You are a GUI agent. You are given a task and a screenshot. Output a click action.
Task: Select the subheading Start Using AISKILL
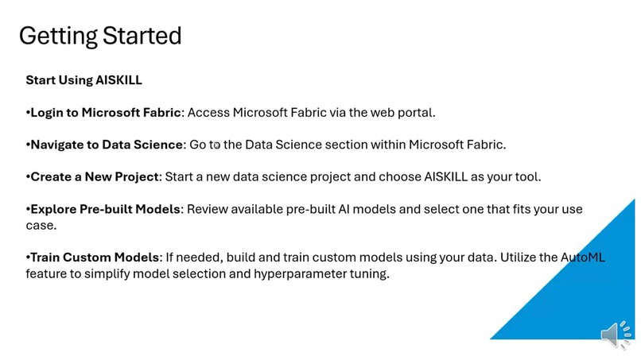pos(84,80)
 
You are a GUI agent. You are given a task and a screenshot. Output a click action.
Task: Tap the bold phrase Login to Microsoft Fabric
pos(106,112)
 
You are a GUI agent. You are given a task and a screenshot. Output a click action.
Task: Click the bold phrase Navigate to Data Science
pos(106,145)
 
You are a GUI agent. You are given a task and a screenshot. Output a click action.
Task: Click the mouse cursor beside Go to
pos(216,145)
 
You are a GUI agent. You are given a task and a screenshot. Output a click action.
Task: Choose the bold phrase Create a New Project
pos(95,176)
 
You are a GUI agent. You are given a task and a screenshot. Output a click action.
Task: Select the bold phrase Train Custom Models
pos(94,257)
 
